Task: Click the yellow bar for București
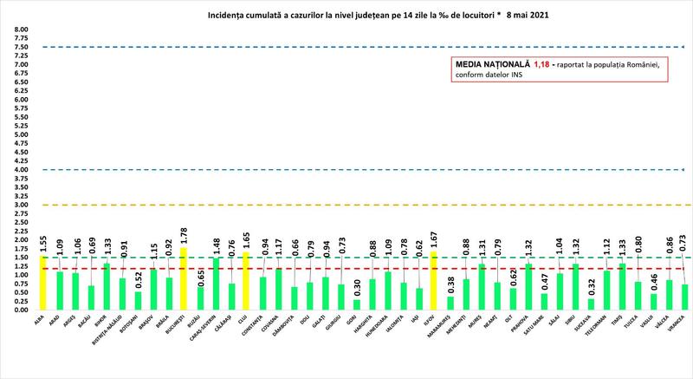pyautogui.click(x=184, y=279)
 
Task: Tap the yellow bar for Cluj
pyautogui.click(x=246, y=281)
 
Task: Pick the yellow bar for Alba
pyautogui.click(x=43, y=283)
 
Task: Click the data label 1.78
pyautogui.click(x=184, y=236)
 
